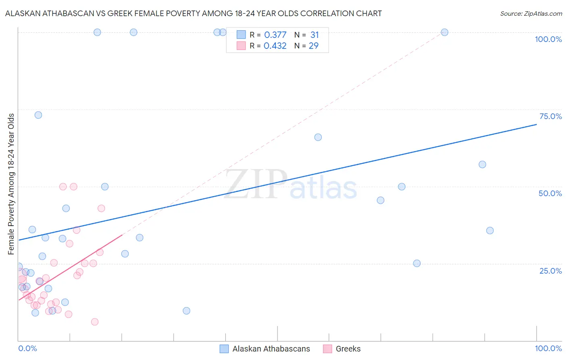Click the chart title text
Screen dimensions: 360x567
click(193, 13)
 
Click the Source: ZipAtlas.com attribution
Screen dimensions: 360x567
click(531, 13)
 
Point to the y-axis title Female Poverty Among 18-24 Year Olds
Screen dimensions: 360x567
click(11, 184)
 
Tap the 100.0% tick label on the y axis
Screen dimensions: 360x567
click(548, 39)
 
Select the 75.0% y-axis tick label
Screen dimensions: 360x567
click(550, 116)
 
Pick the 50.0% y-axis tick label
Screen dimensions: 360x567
click(550, 193)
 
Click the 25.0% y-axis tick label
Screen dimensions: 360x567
click(550, 270)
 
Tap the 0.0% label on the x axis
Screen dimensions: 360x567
click(27, 348)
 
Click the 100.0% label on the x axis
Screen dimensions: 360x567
click(548, 348)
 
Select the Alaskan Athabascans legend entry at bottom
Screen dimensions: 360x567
click(271, 349)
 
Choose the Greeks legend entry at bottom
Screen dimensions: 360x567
click(348, 349)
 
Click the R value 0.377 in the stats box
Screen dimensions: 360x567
click(275, 35)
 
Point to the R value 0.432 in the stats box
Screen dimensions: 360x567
click(275, 46)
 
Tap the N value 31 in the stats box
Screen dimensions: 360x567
click(315, 35)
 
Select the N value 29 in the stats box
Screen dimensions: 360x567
click(314, 46)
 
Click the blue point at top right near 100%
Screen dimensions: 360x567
click(444, 32)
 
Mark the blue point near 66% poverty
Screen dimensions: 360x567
click(318, 137)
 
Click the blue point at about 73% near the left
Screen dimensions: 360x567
click(38, 115)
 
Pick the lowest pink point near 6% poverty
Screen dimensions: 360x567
click(95, 322)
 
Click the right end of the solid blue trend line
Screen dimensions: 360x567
click(536, 124)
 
